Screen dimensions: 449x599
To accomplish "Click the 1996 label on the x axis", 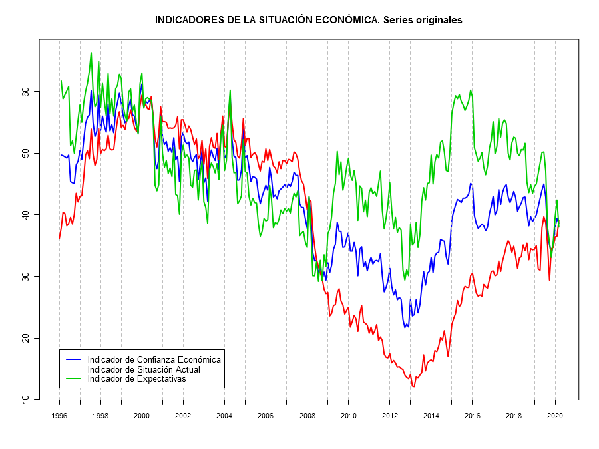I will coord(59,415).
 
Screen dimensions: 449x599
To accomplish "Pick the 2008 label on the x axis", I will coord(307,415).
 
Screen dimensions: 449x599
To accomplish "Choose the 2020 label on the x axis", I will coord(555,415).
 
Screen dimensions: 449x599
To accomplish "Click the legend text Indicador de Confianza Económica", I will coord(154,359).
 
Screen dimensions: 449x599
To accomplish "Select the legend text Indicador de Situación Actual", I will coord(144,369).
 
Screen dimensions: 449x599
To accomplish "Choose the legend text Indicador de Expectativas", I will coord(136,378).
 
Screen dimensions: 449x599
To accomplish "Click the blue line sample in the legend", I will coord(73,359).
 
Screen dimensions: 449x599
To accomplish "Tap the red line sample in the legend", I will coord(73,369).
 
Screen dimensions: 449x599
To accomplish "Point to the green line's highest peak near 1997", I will coord(91,53).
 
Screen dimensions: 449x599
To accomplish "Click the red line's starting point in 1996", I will coord(59,238).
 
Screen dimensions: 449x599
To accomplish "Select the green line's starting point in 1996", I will coord(61,81).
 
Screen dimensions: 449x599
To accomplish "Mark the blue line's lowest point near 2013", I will coord(405,327).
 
